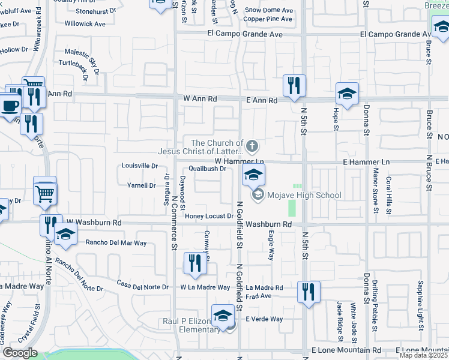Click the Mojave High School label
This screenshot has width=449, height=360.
pyautogui.click(x=305, y=195)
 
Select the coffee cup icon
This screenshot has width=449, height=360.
pyautogui.click(x=10, y=106)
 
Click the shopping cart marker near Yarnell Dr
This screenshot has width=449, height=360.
pyautogui.click(x=45, y=192)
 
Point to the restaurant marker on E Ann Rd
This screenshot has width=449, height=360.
pyautogui.click(x=294, y=86)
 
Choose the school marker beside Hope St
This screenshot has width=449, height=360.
pyautogui.click(x=347, y=94)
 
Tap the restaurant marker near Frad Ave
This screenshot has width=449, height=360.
pyautogui.click(x=309, y=293)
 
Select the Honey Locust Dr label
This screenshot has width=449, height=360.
pyautogui.click(x=209, y=216)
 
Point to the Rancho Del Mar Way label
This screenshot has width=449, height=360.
pyautogui.click(x=116, y=243)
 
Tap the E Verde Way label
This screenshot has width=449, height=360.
pyautogui.click(x=264, y=319)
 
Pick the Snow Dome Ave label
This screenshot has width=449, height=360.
pyautogui.click(x=269, y=10)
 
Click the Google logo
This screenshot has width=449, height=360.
pyautogui.click(x=20, y=353)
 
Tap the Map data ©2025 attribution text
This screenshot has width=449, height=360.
pyautogui.click(x=424, y=355)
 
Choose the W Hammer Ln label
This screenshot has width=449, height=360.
pyautogui.click(x=240, y=161)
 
